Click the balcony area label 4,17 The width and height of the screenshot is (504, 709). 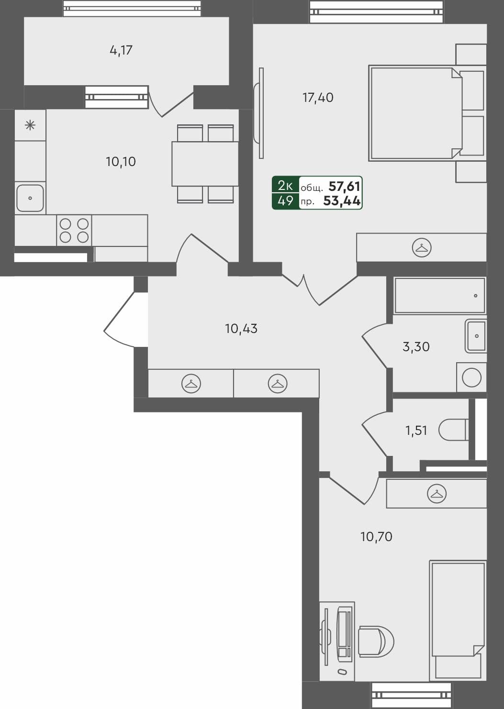tap(121, 50)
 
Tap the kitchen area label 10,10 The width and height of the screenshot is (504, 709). tap(121, 162)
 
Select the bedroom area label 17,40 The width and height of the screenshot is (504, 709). tap(318, 98)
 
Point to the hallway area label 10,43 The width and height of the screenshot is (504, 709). tap(241, 329)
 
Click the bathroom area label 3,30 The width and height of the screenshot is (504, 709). tap(416, 347)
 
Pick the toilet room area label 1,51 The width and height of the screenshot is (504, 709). tap(416, 431)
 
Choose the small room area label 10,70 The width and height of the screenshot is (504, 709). tap(376, 537)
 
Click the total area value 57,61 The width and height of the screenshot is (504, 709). tap(345, 186)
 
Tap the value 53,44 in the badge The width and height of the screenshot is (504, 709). tap(342, 201)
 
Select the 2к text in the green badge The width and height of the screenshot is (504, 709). tap(285, 186)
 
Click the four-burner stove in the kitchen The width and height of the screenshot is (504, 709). tap(74, 230)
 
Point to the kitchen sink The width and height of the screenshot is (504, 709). tap(30, 198)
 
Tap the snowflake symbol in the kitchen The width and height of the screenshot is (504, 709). tap(30, 125)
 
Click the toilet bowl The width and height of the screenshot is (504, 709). tap(453, 430)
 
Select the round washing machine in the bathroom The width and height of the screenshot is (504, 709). tap(471, 377)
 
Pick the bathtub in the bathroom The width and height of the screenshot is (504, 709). tap(439, 296)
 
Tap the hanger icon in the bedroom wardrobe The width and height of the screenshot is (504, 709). tap(422, 248)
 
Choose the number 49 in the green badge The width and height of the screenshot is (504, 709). tap(285, 201)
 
